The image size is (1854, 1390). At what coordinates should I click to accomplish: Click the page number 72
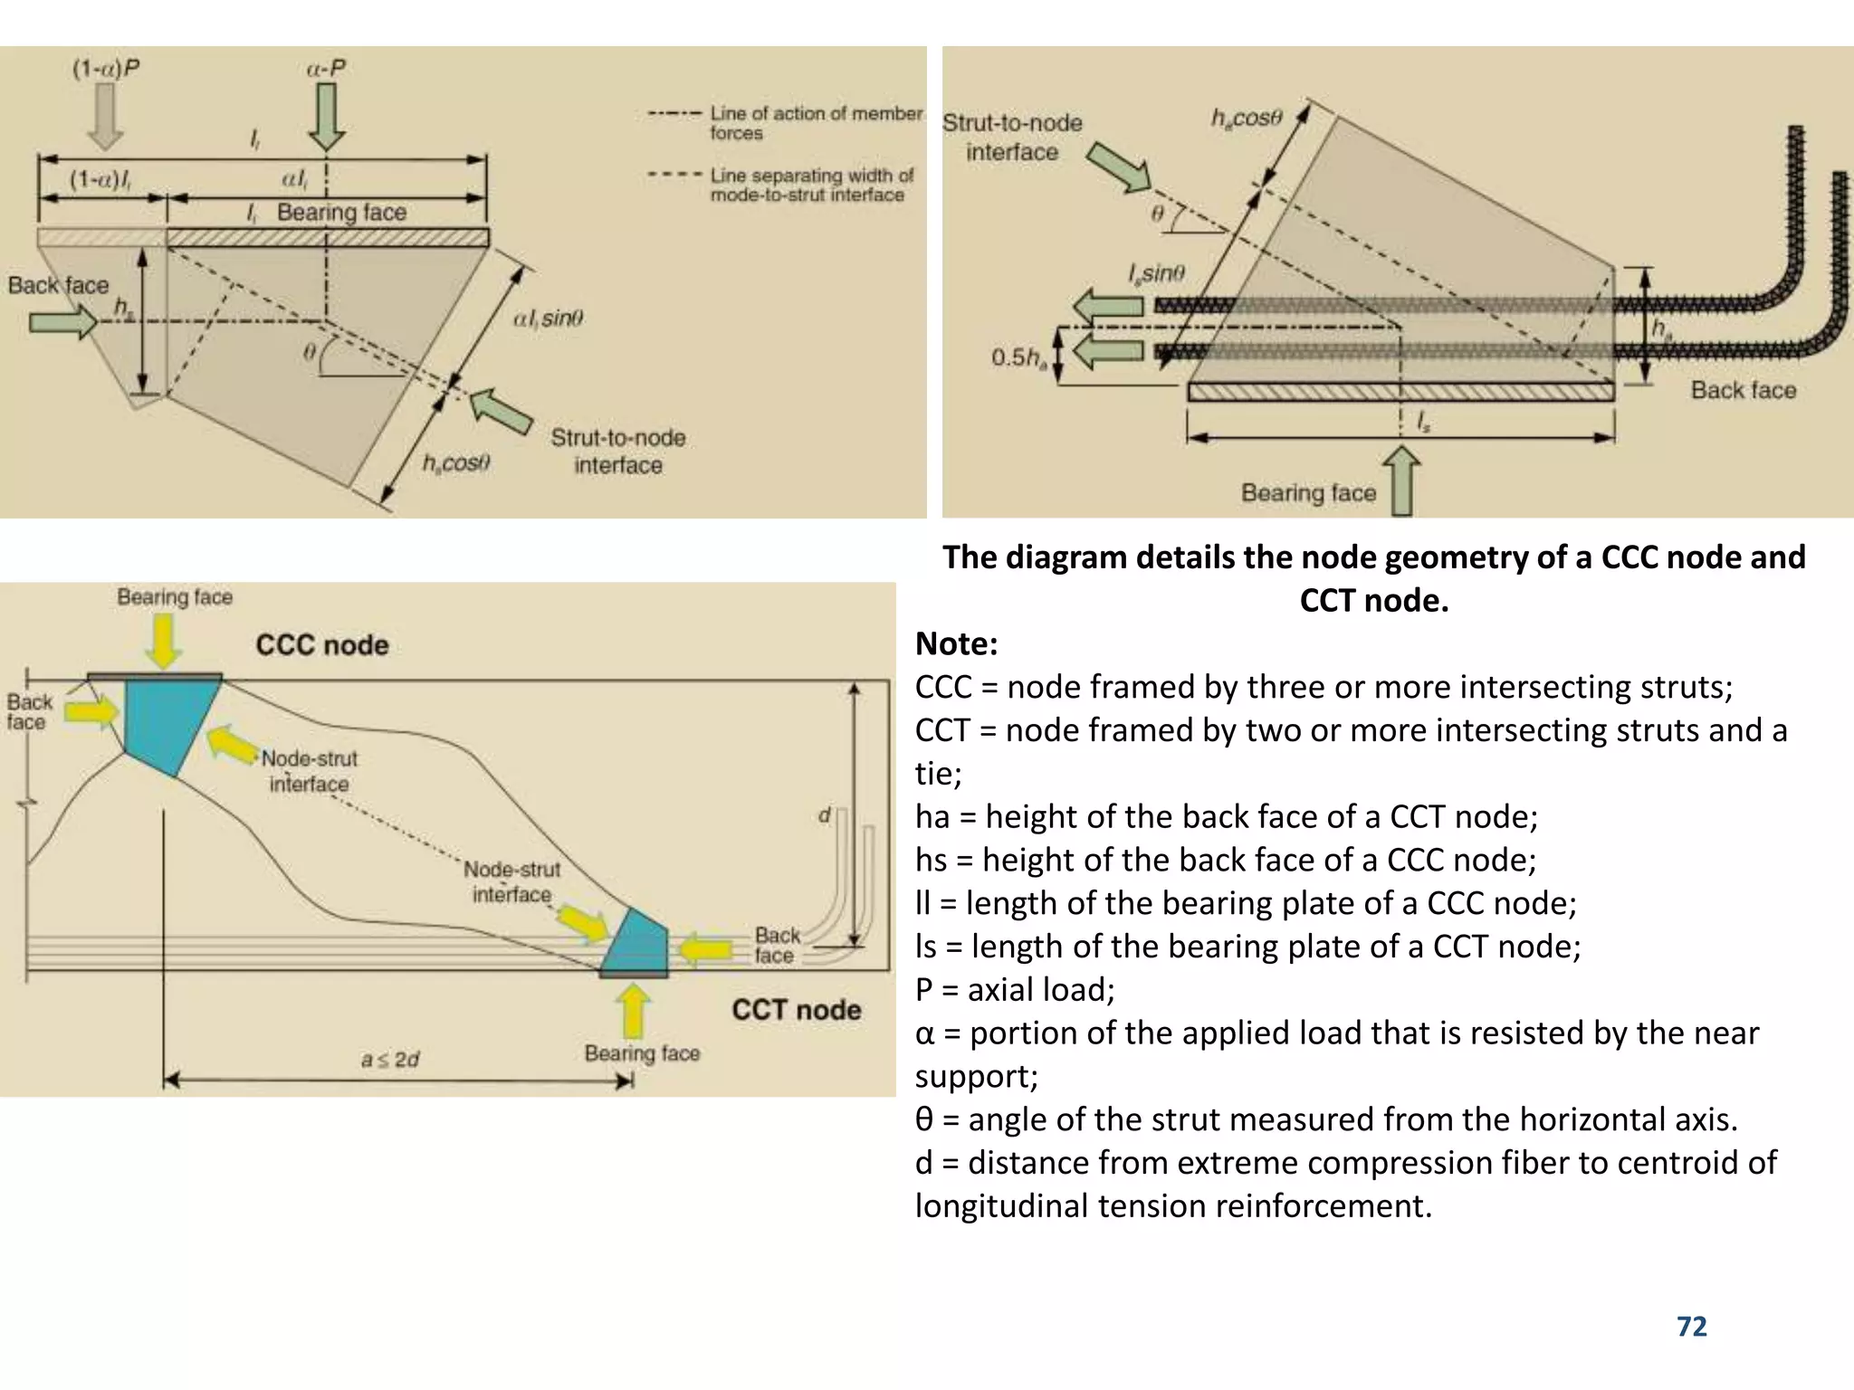tap(1691, 1327)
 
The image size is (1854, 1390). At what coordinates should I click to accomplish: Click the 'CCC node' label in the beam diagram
tap(322, 645)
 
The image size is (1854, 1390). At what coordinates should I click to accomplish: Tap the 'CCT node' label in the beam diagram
tap(797, 1010)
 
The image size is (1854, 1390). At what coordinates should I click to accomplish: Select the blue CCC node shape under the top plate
tap(168, 724)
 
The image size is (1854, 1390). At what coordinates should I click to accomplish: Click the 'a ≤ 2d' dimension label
tap(390, 1059)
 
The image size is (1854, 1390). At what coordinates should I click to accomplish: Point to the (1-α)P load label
tap(106, 69)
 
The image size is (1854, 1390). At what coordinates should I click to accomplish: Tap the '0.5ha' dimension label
tap(1018, 357)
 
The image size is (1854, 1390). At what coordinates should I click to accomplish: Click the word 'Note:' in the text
tap(956, 643)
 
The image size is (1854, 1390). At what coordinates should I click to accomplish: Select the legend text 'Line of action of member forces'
tap(815, 123)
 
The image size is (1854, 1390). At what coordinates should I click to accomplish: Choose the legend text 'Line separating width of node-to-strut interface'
tap(810, 185)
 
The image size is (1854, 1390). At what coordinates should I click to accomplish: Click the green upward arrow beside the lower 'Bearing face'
tap(1402, 481)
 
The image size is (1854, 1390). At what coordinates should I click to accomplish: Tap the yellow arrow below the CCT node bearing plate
tap(633, 1010)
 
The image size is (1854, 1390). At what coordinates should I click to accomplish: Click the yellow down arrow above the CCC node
tap(164, 641)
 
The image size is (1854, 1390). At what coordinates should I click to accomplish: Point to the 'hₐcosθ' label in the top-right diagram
tap(1247, 119)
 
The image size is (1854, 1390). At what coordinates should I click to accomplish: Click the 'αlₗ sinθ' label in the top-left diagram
tap(548, 319)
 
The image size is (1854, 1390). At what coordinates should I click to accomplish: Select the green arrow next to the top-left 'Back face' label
tap(62, 321)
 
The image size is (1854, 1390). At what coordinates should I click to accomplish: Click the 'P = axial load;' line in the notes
tap(1015, 989)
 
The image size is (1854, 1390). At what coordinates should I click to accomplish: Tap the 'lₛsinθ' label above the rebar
tap(1156, 273)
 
